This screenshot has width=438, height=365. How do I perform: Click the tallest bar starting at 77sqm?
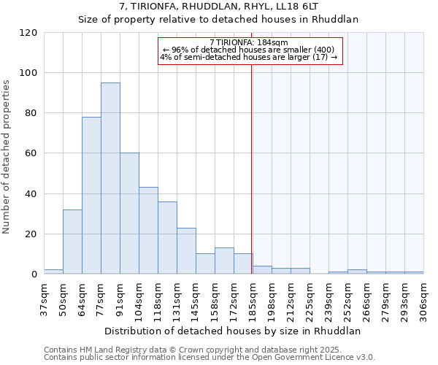pyautogui.click(x=110, y=178)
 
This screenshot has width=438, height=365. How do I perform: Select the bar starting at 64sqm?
pyautogui.click(x=91, y=196)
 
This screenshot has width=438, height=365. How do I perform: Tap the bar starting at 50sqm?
pyautogui.click(x=72, y=242)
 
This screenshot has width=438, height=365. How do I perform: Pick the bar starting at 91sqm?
pyautogui.click(x=129, y=213)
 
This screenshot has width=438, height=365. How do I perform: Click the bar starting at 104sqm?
pyautogui.click(x=148, y=231)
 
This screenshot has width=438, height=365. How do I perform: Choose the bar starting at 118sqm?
pyautogui.click(x=167, y=237)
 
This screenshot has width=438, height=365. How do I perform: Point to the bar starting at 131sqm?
pyautogui.click(x=186, y=250)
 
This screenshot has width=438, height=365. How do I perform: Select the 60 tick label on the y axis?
pyautogui.click(x=31, y=153)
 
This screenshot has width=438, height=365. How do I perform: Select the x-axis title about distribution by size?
pyautogui.click(x=232, y=331)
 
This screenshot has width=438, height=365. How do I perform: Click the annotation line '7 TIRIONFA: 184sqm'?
pyautogui.click(x=249, y=42)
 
